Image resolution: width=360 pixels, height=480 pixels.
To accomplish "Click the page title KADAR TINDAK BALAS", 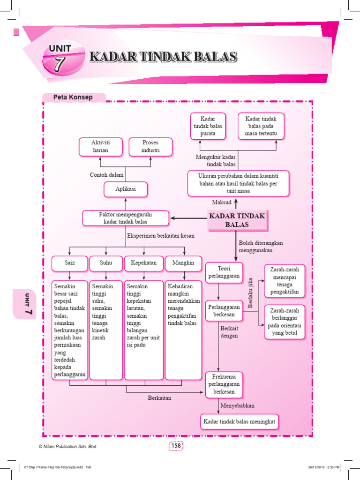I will [163, 57].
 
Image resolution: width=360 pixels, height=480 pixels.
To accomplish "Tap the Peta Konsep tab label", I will [73, 97].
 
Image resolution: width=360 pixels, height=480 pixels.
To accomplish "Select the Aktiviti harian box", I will [100, 146].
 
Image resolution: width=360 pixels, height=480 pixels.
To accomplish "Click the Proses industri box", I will [150, 146].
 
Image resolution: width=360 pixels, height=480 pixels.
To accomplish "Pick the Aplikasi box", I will [125, 190].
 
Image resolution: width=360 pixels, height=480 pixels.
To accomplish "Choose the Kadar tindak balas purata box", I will [208, 126].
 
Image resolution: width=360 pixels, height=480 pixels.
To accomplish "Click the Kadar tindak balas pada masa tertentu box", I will [261, 126].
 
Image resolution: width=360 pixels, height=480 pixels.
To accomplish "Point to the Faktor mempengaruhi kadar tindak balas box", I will [126, 217].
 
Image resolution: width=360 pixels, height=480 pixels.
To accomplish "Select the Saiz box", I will [70, 263].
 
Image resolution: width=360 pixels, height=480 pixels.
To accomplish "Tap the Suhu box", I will [106, 263].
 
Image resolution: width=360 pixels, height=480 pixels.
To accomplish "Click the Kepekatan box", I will [144, 263].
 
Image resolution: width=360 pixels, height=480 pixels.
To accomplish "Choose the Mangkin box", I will [183, 263].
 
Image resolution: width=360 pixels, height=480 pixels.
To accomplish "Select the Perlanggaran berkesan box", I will [224, 311].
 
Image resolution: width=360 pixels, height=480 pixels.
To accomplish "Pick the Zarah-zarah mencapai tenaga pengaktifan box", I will [285, 281].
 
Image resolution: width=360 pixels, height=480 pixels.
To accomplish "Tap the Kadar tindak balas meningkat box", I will [239, 422].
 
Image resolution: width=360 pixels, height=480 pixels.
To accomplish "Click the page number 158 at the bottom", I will [176, 446].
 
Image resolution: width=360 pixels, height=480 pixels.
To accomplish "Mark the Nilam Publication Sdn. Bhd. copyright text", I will [68, 447].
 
